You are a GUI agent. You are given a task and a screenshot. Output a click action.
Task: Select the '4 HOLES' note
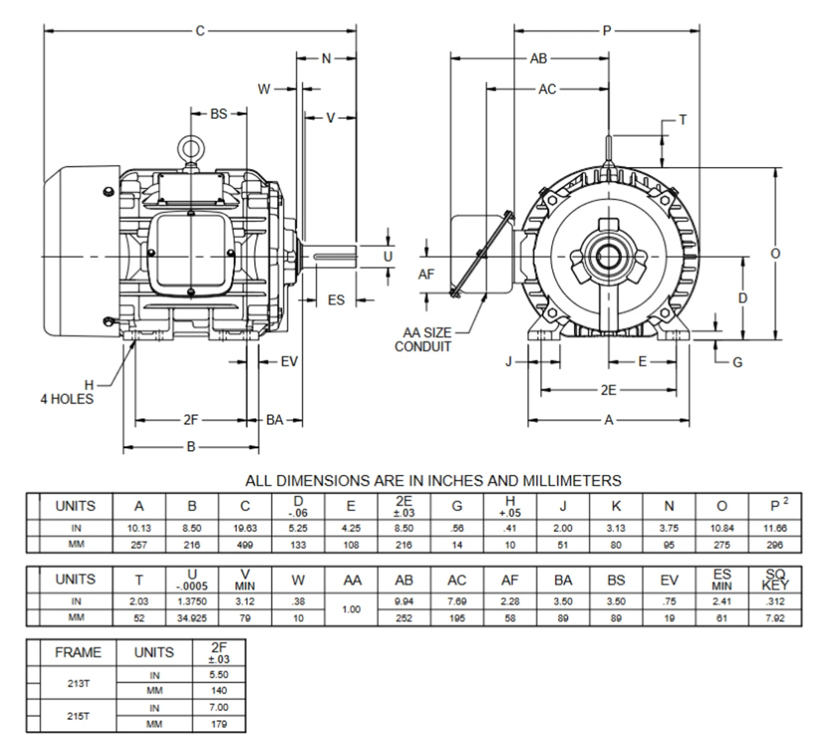(67, 399)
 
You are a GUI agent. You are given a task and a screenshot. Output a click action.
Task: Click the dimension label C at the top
(200, 31)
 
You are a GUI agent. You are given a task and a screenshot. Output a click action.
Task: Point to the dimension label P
(607, 31)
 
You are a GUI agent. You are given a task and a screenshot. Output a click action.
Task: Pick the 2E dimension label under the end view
(608, 389)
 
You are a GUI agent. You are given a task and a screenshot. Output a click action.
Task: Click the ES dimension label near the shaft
(335, 300)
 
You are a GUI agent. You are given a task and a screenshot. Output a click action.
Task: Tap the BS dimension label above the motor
(219, 114)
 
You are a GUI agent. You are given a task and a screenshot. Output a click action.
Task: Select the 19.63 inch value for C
(245, 529)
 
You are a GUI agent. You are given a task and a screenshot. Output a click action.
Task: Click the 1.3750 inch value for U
(192, 602)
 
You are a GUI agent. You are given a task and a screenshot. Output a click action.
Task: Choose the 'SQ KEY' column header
(775, 579)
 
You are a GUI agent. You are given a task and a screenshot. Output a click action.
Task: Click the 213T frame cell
(78, 683)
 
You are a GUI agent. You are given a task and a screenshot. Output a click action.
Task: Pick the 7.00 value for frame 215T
(218, 708)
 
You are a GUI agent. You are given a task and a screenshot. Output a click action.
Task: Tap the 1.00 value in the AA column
(351, 610)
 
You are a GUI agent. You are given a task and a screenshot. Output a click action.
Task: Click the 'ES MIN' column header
(722, 579)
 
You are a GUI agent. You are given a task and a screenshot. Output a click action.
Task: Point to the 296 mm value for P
(775, 546)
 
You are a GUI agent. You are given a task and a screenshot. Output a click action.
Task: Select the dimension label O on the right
(775, 254)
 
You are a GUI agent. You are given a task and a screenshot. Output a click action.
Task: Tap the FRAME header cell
(78, 652)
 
